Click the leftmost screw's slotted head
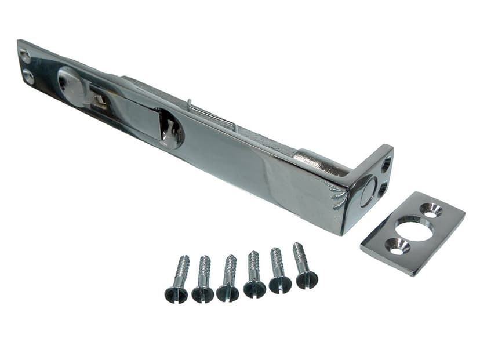(x=176, y=294)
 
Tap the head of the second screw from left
(x=202, y=294)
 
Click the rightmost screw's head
(x=307, y=279)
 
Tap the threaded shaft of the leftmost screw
(x=182, y=269)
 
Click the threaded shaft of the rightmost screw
(x=300, y=255)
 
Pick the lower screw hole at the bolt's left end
(x=29, y=76)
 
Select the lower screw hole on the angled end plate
(x=383, y=188)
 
